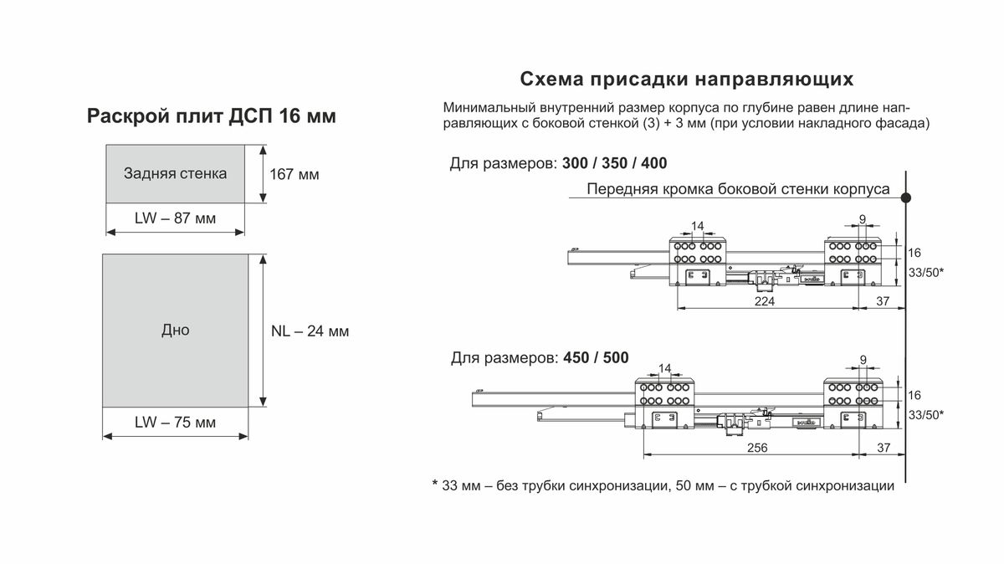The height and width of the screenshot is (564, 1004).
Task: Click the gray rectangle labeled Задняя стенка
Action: click(x=175, y=173)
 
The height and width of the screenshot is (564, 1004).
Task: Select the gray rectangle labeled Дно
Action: click(x=175, y=331)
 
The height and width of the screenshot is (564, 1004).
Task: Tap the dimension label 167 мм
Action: click(x=295, y=174)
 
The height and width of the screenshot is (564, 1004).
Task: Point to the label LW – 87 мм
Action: click(x=175, y=218)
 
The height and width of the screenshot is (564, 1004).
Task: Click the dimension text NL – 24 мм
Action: click(x=310, y=331)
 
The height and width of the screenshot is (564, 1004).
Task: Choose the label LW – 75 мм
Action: click(x=175, y=423)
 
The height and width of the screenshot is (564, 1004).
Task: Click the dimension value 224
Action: click(x=764, y=301)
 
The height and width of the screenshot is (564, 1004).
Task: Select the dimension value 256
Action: click(x=757, y=448)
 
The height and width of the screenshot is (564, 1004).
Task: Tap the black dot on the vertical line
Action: click(x=906, y=197)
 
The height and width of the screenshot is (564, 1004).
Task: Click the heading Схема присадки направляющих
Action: click(x=687, y=79)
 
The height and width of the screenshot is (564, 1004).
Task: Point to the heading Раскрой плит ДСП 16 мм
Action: click(x=212, y=115)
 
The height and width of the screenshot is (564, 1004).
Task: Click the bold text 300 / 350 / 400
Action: click(x=614, y=163)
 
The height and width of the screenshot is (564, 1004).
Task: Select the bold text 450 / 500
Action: click(x=596, y=358)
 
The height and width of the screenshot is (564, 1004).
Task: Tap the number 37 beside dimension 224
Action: click(x=883, y=301)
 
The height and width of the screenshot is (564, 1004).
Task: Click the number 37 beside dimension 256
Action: click(x=884, y=448)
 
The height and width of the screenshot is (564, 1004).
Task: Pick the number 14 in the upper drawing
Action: click(x=698, y=226)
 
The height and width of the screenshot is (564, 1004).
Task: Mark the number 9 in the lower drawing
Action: click(x=863, y=360)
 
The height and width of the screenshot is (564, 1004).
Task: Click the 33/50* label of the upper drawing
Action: click(x=926, y=273)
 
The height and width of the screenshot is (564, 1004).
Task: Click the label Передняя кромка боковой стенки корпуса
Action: click(x=738, y=189)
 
